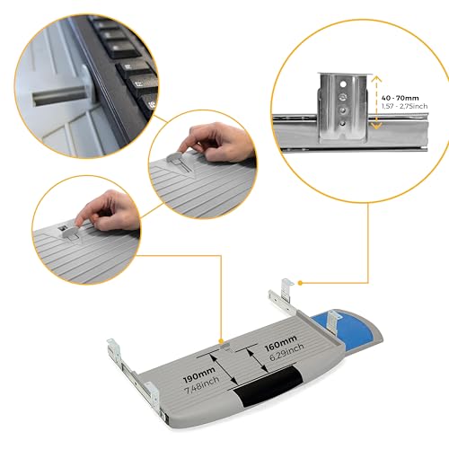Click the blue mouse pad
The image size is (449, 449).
click(353, 326)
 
